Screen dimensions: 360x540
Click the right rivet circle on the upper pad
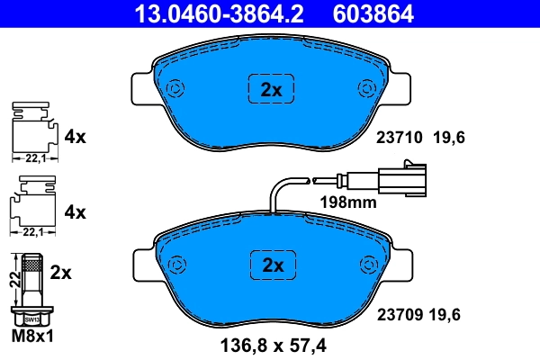[x=367, y=88]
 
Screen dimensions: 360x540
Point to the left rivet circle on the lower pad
[x=176, y=265]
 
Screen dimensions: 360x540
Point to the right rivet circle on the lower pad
[x=367, y=265]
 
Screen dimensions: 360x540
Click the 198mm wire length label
[x=348, y=202]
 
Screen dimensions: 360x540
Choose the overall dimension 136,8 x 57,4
[x=272, y=343]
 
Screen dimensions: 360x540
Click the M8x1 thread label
[x=33, y=337]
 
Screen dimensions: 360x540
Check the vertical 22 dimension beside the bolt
[x=13, y=279]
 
